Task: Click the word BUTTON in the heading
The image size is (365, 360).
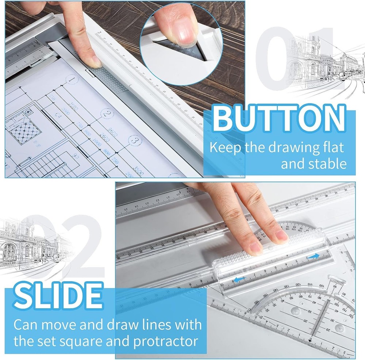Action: (279, 119)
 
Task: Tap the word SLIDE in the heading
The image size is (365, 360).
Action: (58, 298)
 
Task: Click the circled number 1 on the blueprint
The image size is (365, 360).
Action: (72, 79)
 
